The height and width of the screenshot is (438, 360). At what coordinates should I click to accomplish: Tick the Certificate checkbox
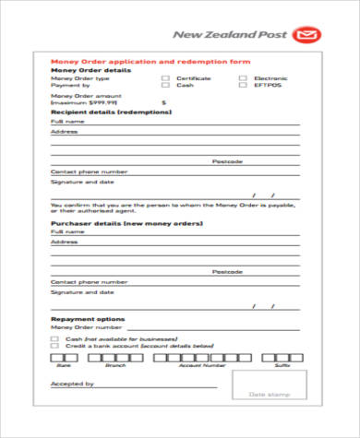pyautogui.click(x=165, y=78)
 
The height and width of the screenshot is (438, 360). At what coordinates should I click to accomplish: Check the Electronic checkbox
pyautogui.click(x=243, y=78)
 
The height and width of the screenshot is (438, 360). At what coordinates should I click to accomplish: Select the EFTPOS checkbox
pyautogui.click(x=243, y=85)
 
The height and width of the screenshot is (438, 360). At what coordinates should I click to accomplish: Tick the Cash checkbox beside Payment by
pyautogui.click(x=165, y=85)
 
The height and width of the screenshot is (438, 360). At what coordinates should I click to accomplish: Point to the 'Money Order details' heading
pyautogui.click(x=90, y=70)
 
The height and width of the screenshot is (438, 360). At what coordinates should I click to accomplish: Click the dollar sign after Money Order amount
pyautogui.click(x=163, y=102)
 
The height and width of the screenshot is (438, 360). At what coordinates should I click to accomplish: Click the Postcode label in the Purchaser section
pyautogui.click(x=226, y=272)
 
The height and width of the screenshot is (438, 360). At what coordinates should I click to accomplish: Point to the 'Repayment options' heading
pyautogui.click(x=86, y=318)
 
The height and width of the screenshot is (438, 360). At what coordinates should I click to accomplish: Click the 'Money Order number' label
pyautogui.click(x=86, y=326)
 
